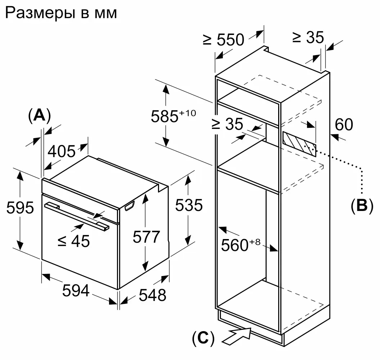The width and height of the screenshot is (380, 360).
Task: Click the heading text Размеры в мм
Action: click(x=61, y=13)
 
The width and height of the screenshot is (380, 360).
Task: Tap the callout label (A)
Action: click(x=39, y=116)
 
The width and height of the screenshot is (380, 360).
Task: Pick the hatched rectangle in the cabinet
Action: click(x=299, y=144)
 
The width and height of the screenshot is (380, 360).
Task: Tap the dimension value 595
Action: click(x=20, y=208)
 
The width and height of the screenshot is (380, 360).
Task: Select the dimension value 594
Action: click(x=76, y=291)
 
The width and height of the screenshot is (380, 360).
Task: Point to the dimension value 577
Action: click(x=146, y=237)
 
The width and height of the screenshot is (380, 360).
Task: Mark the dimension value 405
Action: click(x=62, y=152)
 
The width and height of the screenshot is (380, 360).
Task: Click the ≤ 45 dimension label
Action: click(x=74, y=241)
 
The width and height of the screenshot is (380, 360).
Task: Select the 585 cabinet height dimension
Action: click(x=173, y=116)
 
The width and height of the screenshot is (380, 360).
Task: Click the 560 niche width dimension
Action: click(x=240, y=245)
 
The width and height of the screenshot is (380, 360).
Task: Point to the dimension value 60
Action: click(x=344, y=125)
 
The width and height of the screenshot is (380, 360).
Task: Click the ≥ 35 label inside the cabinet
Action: click(x=227, y=125)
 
